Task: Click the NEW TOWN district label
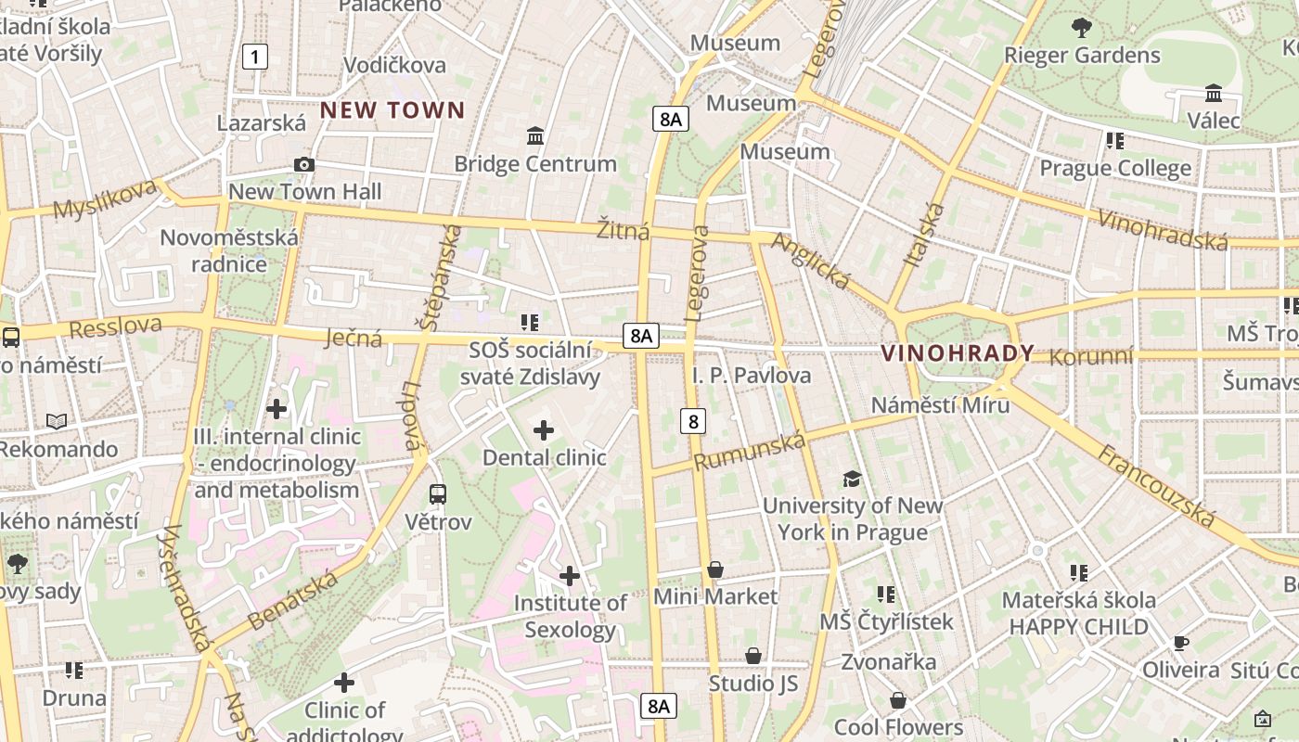[x=392, y=110]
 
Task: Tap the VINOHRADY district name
[x=957, y=353]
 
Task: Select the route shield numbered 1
[x=254, y=58]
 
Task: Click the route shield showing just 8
[x=692, y=421]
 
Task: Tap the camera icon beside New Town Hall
[x=303, y=165]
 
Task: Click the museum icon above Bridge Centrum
[x=534, y=136]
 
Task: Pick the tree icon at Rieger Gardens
[x=1081, y=28]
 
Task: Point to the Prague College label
[x=1114, y=168]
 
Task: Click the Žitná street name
[x=623, y=230]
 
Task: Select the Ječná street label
[x=354, y=338]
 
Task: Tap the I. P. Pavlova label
[x=752, y=376]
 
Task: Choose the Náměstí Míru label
[x=940, y=405]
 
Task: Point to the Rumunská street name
[x=749, y=451]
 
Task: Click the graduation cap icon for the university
[x=852, y=479]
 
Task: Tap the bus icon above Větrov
[x=438, y=494]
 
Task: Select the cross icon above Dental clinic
[x=544, y=430]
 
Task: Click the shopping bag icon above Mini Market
[x=714, y=569]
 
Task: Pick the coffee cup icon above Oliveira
[x=1180, y=643]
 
